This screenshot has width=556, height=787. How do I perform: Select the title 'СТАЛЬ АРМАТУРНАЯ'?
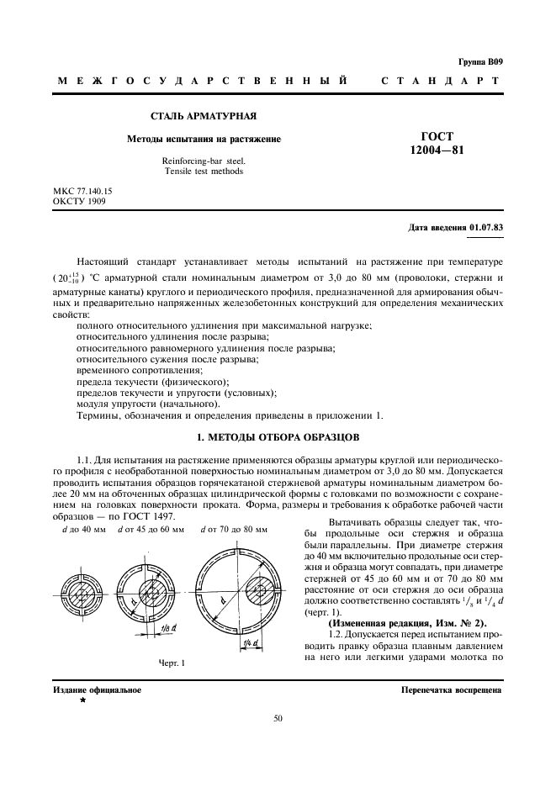(203, 115)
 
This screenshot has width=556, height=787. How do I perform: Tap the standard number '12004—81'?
(437, 151)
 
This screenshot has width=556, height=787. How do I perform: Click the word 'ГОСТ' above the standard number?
(437, 136)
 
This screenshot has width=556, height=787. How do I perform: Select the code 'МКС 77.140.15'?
(82, 192)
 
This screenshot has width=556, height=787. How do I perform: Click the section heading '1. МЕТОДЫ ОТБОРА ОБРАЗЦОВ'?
(277, 437)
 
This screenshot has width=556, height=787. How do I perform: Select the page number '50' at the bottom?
(278, 718)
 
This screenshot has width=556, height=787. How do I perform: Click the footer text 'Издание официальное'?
(97, 690)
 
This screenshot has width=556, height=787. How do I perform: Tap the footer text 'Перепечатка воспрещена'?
(452, 690)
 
